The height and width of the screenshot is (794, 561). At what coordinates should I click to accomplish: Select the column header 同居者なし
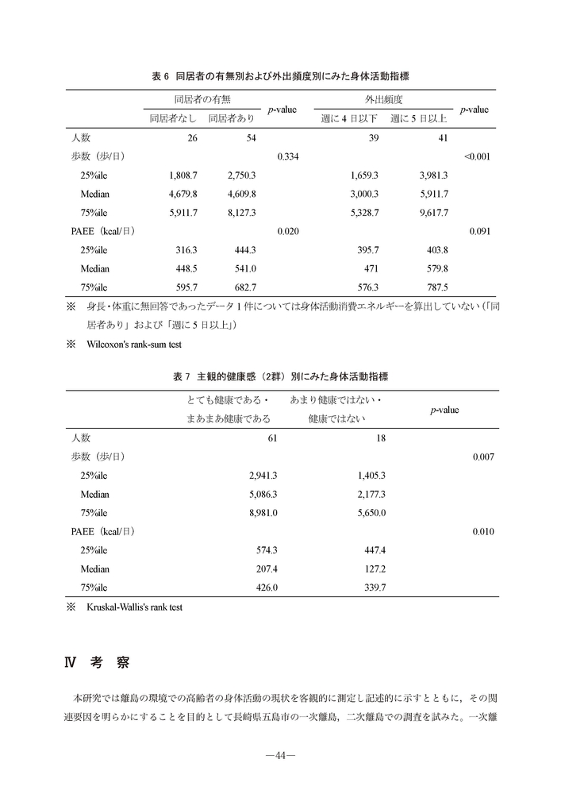[x=174, y=118]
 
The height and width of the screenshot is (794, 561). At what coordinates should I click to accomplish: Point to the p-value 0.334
[x=286, y=156]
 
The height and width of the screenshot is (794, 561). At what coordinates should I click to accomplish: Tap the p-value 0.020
[x=286, y=232]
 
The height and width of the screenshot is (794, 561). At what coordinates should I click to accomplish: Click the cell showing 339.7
[x=373, y=588]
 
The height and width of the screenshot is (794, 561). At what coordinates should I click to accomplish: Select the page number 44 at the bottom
[x=280, y=754]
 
